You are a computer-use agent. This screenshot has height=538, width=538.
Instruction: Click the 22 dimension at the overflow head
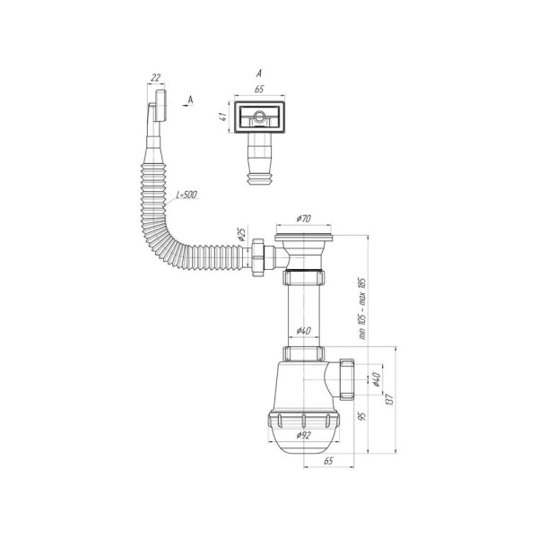156,78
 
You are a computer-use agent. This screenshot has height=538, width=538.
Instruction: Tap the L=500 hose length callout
187,195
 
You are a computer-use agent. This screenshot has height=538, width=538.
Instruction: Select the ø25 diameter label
241,234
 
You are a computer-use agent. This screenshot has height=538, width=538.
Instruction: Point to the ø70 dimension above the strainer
304,219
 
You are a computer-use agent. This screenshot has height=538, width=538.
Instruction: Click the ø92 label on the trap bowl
304,435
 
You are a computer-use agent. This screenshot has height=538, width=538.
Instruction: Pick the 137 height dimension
389,400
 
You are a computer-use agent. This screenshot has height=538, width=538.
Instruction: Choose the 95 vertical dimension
362,416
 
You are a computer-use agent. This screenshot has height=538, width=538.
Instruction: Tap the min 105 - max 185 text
362,308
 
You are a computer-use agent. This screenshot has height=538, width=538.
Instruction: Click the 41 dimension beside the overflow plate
223,117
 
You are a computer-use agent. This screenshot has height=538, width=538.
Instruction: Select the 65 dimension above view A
259,89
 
